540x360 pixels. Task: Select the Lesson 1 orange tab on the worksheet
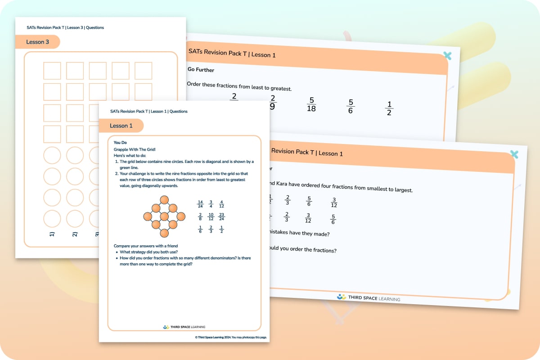121,126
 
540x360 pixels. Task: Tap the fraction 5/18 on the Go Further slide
311,104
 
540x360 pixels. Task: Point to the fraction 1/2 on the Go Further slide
389,108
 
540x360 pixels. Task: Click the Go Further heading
201,70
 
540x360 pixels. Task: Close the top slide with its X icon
447,55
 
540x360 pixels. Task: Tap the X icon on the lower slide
514,154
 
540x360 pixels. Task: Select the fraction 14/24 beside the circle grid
200,204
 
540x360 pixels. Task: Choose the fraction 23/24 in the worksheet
221,216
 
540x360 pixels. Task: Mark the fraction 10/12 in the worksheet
211,216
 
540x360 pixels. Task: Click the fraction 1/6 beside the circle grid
200,229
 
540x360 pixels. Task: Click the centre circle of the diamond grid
164,216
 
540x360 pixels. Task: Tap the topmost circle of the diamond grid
164,200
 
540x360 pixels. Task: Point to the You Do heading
120,142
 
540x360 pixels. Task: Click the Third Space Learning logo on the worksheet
184,327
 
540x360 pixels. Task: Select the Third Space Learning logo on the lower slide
368,298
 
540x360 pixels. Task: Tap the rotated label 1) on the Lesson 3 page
52,234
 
